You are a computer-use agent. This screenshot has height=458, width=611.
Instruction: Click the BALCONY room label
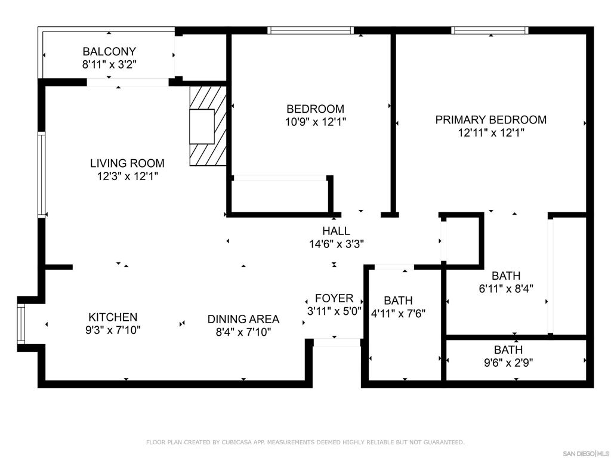pos(109,51)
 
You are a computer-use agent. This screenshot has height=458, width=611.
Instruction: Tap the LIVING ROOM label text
pos(127,163)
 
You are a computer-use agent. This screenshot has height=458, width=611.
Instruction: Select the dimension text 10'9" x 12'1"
pos(315,122)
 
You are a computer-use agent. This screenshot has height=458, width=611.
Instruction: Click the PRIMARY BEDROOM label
pos(490,120)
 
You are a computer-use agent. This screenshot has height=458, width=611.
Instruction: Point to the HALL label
pos(336,231)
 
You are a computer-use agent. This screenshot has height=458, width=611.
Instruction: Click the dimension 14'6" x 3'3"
pos(336,243)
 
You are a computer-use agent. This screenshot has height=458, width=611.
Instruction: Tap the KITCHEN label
pos(113,317)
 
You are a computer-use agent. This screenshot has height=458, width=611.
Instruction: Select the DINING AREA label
pos(243,319)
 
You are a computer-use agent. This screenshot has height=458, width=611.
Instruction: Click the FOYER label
pos(334,298)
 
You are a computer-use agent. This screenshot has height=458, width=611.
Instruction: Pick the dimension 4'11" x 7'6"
pos(397,313)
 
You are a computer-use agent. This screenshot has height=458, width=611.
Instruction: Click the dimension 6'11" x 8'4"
pos(506,288)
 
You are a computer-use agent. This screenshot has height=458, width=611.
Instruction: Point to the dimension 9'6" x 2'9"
pos(508,362)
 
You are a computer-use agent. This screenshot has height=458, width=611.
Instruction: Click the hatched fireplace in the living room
pos(208,126)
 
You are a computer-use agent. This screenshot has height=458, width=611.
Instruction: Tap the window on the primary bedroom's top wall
pos(490,30)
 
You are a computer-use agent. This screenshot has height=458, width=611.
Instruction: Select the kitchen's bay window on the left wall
pos(21,323)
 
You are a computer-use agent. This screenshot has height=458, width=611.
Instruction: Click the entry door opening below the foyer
pos(337,342)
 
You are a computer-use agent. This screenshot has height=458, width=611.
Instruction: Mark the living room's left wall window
pos(42,174)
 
